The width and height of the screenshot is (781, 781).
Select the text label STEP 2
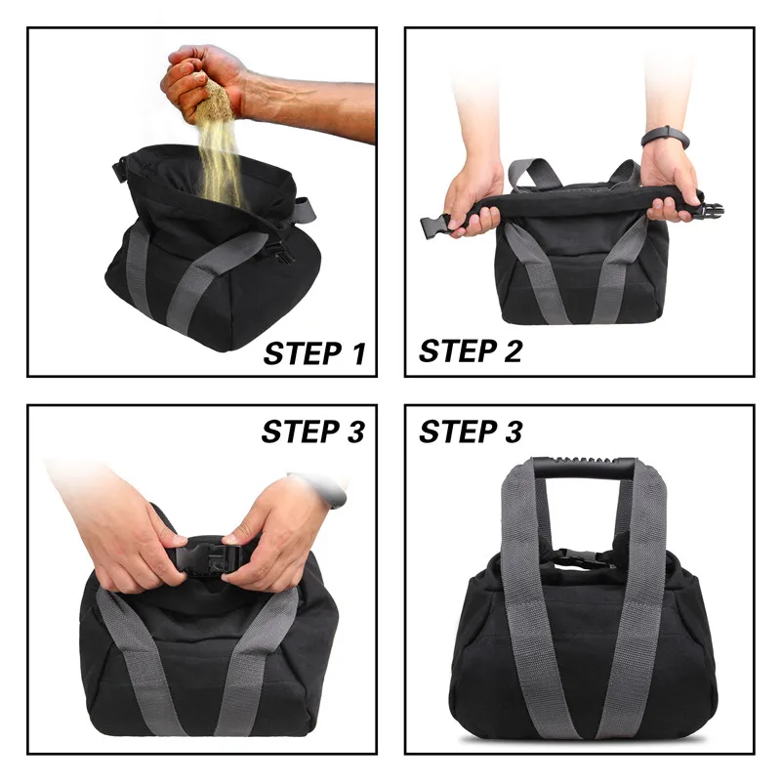pos(471,349)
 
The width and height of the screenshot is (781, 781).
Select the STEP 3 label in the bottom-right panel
pos(471,431)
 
